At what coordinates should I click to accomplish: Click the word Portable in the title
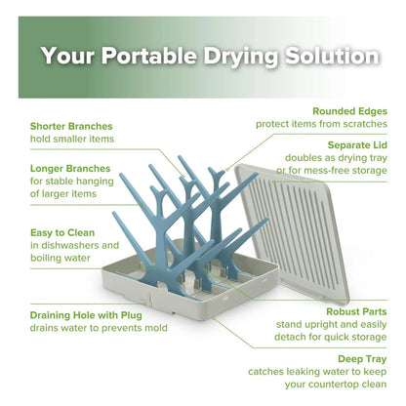coord(149,56)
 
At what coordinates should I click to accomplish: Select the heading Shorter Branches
coord(71,126)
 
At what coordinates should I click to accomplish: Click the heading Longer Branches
coord(70,169)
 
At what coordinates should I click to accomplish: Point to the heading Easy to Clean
coord(62,233)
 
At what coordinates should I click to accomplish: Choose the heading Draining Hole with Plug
coord(86,315)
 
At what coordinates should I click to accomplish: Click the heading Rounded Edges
coord(349,111)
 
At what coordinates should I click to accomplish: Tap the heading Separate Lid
coord(357,145)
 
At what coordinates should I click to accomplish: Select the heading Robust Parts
coord(356,311)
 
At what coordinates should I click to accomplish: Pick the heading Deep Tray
coord(362,359)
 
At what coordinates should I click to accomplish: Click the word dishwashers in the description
coord(69,245)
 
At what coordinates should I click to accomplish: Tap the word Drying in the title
coord(241,57)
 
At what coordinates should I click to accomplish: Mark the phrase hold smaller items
coord(72,139)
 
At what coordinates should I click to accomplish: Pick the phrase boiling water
coord(61,259)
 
